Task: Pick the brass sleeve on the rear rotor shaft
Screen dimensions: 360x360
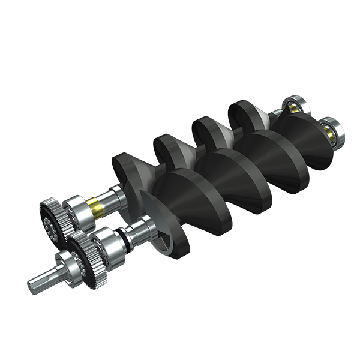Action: [95, 207]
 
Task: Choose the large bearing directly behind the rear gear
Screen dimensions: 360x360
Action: [76, 211]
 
